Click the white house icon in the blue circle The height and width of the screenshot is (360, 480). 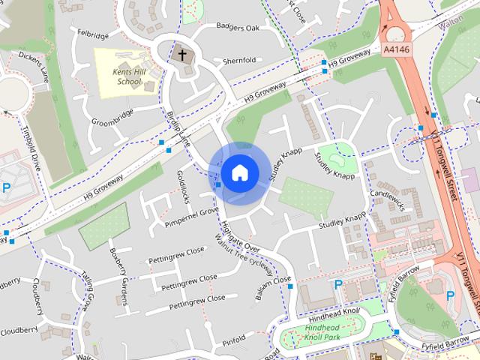click(x=238, y=172)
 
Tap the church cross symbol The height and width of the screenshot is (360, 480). click(x=181, y=55)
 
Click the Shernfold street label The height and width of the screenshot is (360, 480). click(x=240, y=61)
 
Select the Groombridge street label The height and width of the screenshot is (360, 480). click(x=112, y=112)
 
